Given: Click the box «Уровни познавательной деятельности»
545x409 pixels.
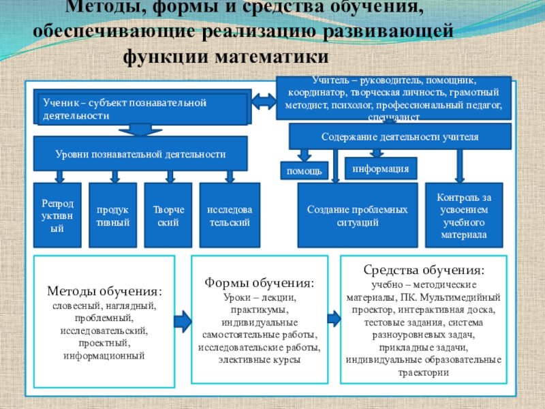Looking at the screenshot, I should [x=140, y=155].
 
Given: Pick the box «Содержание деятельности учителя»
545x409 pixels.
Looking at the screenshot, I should [x=400, y=136].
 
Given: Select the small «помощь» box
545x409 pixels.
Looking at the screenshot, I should [x=305, y=170].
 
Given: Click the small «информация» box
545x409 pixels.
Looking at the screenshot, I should [x=381, y=168].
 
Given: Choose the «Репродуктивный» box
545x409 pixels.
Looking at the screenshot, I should [x=57, y=215].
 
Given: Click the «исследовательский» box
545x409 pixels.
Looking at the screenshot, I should [x=229, y=215].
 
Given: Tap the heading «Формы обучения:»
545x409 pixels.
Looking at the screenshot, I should [x=260, y=282].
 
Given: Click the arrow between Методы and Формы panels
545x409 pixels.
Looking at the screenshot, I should [x=183, y=319].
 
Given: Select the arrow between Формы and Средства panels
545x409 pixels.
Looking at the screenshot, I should [x=333, y=318].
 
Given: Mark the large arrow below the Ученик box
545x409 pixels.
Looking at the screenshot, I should [x=141, y=130].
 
